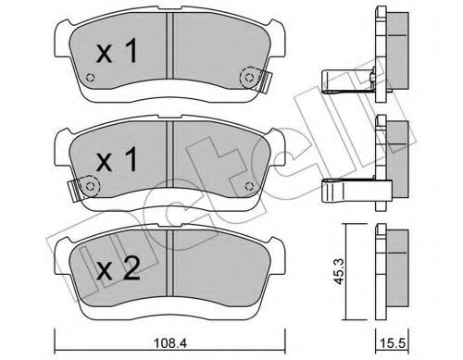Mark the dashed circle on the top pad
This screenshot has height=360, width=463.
247,78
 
